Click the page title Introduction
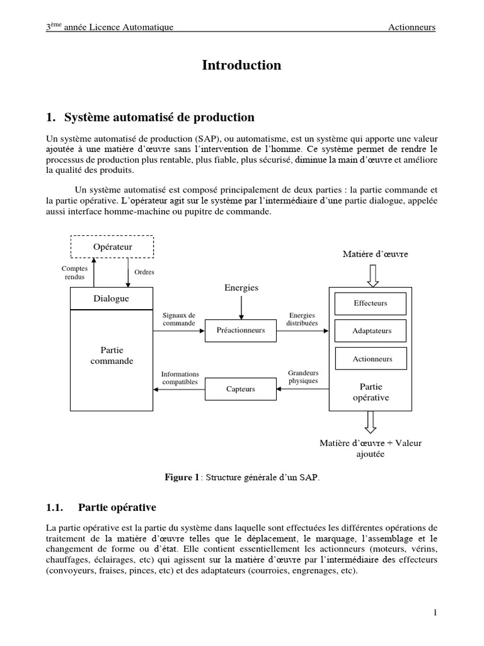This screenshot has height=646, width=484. [241, 66]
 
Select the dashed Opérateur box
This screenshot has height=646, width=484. [112, 247]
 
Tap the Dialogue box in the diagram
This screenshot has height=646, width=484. [111, 298]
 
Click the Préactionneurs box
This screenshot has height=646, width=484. [241, 330]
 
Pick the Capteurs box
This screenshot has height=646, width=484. [241, 389]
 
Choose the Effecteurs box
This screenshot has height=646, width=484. [371, 303]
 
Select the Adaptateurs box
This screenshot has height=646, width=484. [371, 331]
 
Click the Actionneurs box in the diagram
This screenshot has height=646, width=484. [371, 359]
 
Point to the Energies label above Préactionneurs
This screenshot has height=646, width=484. [241, 288]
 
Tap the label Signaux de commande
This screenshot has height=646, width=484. [179, 319]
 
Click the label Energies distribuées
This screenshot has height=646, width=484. [302, 319]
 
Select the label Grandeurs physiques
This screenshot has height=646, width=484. [302, 377]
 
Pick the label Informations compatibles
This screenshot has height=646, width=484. [180, 378]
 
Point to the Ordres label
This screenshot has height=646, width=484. [144, 272]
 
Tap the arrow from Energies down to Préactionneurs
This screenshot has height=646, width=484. [241, 307]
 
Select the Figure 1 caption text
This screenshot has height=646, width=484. [242, 478]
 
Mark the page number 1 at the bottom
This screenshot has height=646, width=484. [435, 612]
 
